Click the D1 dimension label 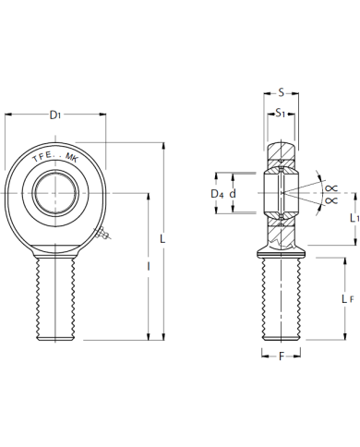pyautogui.click(x=55, y=115)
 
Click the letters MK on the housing pyautogui.click(x=72, y=157)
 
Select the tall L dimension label pyautogui.click(x=162, y=238)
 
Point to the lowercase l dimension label pyautogui.click(x=149, y=267)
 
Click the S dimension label pyautogui.click(x=281, y=92)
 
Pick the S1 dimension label pyautogui.click(x=281, y=114)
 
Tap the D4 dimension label pyautogui.click(x=217, y=194)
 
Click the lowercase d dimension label pyautogui.click(x=233, y=194)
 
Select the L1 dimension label pyautogui.click(x=354, y=218)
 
